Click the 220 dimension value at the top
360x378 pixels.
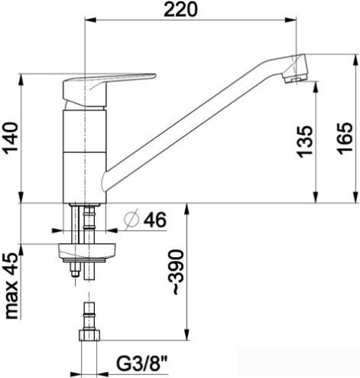pyautogui.click(x=188, y=10)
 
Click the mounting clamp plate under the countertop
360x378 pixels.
pyautogui.click(x=88, y=250)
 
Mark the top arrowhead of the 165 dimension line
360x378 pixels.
pyautogui.click(x=357, y=77)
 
